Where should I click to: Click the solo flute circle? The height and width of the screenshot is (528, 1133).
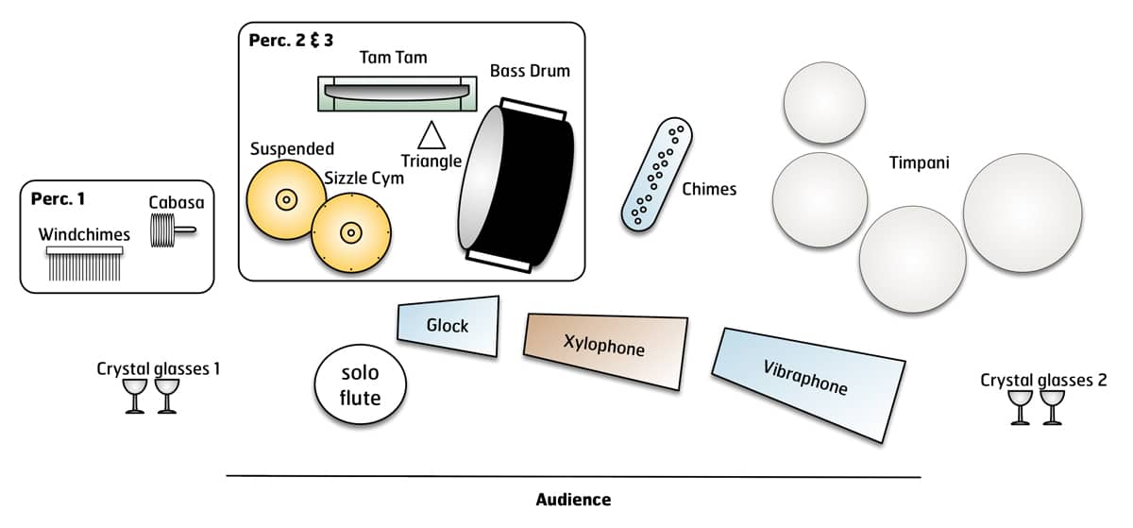(360, 384)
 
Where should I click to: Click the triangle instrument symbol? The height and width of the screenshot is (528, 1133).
(431, 136)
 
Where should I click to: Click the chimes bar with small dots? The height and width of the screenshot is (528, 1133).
(656, 175)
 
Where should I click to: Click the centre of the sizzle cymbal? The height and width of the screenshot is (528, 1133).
(351, 231)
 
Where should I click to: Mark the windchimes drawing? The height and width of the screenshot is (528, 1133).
(85, 265)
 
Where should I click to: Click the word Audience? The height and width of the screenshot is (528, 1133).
(573, 500)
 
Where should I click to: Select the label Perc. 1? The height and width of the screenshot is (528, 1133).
(58, 199)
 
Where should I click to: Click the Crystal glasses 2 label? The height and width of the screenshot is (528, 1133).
(1042, 380)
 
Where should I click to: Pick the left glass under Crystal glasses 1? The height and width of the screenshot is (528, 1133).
(135, 396)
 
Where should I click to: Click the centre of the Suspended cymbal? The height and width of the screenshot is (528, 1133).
(283, 199)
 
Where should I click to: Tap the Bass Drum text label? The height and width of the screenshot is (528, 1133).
(530, 71)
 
